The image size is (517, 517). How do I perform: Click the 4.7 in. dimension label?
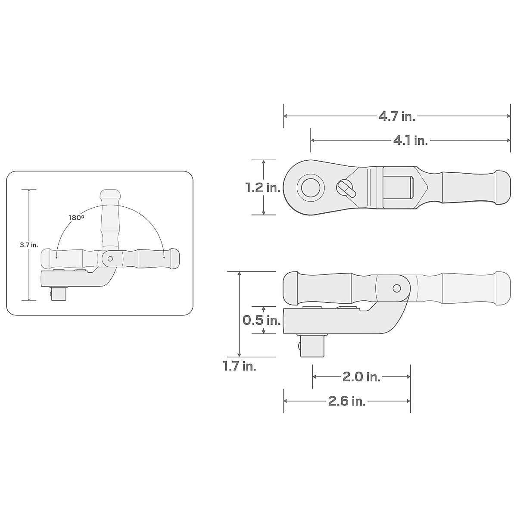click(397, 116)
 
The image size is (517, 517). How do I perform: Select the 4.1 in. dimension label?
click(410, 140)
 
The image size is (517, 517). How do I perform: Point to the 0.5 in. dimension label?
click(262, 320)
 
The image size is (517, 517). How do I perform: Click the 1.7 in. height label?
click(239, 367)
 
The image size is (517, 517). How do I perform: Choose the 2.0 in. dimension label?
click(361, 377)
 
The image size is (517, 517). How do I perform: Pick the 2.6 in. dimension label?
click(347, 401)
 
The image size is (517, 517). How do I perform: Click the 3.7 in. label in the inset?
click(29, 245)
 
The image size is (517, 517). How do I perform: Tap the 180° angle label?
click(76, 218)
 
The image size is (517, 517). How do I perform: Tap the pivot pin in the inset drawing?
click(110, 258)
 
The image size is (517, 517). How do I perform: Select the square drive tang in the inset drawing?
click(59, 295)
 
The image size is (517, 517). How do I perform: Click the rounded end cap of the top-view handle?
click(502, 187)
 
